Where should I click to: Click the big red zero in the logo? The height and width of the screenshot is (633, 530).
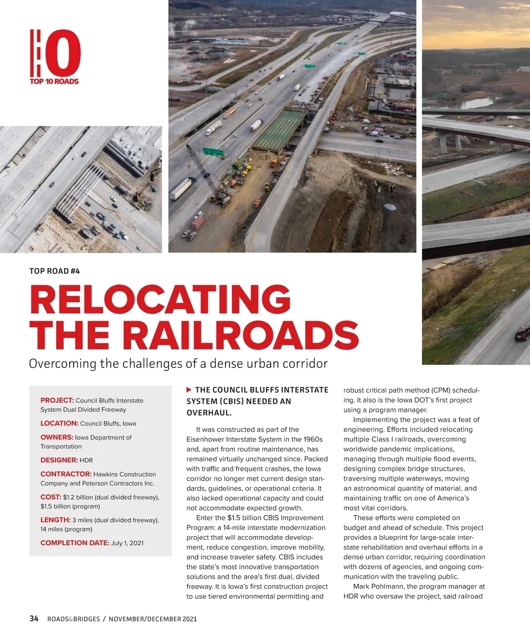[63, 53]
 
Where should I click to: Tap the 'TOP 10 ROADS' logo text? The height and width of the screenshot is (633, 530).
[54, 81]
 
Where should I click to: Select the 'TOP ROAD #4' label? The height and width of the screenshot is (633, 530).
[54, 271]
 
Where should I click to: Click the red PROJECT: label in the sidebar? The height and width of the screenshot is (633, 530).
[57, 400]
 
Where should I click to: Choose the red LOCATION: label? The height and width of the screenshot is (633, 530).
[59, 423]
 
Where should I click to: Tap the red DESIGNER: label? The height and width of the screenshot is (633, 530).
[59, 460]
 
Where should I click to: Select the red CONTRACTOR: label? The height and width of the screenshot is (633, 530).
[66, 474]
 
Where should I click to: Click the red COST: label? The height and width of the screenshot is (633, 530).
[51, 497]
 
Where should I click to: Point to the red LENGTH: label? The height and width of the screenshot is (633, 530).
[55, 520]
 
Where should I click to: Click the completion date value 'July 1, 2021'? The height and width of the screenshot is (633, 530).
[127, 543]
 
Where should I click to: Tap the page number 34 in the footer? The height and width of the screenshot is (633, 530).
[34, 618]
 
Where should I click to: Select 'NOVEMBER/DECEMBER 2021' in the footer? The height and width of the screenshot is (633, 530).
[153, 619]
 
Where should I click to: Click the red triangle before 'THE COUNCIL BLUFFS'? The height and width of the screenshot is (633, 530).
[189, 390]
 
